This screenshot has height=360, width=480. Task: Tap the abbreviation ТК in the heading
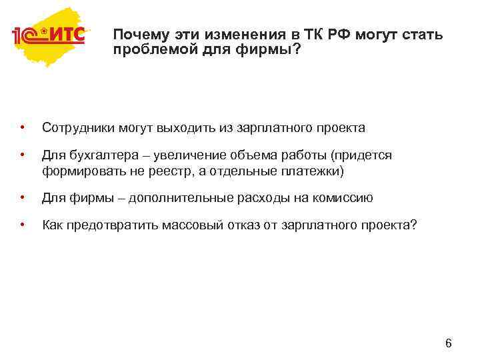click(x=317, y=35)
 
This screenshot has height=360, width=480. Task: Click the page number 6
click(x=448, y=344)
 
